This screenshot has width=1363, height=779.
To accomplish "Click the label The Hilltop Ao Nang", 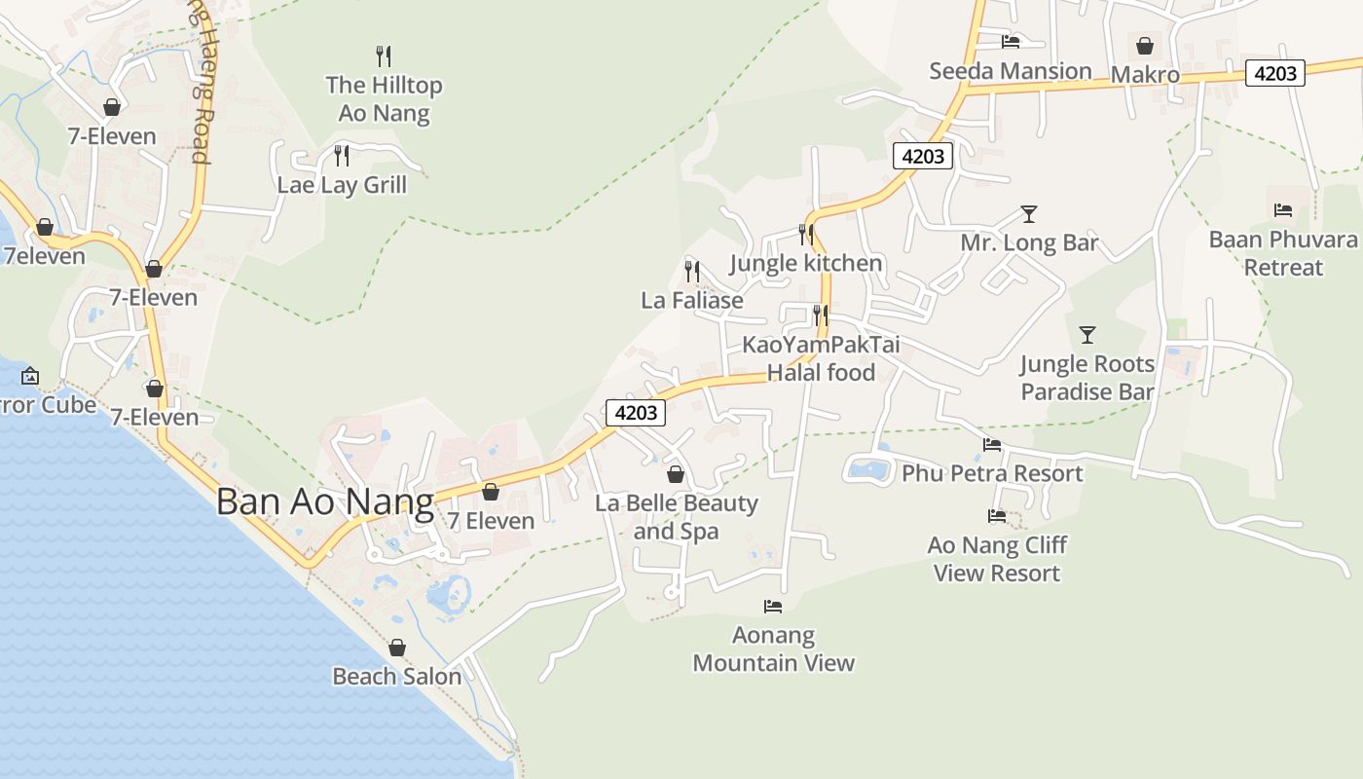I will pyautogui.click(x=384, y=99).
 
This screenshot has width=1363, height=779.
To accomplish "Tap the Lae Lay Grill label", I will pyautogui.click(x=342, y=185).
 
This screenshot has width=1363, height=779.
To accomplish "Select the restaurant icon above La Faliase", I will pyautogui.click(x=692, y=271).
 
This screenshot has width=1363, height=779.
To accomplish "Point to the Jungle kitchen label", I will pyautogui.click(x=805, y=264).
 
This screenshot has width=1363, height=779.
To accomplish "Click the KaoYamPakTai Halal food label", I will pyautogui.click(x=821, y=358).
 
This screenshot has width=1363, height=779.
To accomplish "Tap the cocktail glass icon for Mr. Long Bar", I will pyautogui.click(x=1029, y=214).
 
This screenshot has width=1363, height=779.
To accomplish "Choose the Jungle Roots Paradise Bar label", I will pyautogui.click(x=1087, y=378).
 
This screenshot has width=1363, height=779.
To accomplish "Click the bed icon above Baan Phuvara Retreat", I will pyautogui.click(x=1283, y=210).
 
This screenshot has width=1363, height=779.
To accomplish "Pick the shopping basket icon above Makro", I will pyautogui.click(x=1145, y=46).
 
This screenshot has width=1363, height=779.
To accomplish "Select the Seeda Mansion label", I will pyautogui.click(x=1011, y=71).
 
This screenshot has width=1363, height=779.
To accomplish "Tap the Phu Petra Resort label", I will pyautogui.click(x=992, y=473).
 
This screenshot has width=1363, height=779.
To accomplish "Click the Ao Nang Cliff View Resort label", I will pyautogui.click(x=997, y=559).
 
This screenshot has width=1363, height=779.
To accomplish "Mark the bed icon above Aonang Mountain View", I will pyautogui.click(x=773, y=607).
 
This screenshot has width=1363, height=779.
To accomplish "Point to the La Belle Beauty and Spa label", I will pyautogui.click(x=676, y=517).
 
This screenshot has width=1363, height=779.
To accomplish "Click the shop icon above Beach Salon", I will pyautogui.click(x=397, y=648).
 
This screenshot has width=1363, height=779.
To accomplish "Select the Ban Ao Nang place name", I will pyautogui.click(x=324, y=502).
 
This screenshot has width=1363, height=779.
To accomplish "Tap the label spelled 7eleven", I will pyautogui.click(x=45, y=257).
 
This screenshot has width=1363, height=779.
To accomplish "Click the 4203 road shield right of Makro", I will pyautogui.click(x=1274, y=73).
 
